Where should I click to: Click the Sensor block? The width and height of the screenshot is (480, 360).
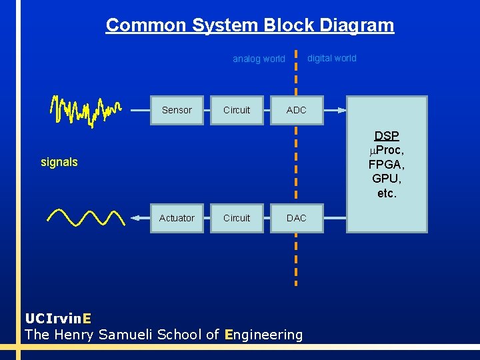(177, 110)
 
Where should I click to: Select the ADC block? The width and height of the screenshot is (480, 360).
(296, 110)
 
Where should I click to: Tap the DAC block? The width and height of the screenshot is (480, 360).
(296, 218)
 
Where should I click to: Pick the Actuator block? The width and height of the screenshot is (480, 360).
(177, 218)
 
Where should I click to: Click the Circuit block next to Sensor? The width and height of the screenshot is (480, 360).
(237, 110)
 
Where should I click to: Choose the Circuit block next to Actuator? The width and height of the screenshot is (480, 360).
(237, 218)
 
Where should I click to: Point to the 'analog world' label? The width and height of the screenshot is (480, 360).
(259, 59)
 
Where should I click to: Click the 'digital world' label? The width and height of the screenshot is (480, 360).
(331, 58)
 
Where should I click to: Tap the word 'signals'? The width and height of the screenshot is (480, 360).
(59, 162)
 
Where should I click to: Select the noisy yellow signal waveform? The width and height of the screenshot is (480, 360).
(85, 110)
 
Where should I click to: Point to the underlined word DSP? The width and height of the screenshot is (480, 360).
(387, 136)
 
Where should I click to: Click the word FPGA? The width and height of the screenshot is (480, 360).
(387, 165)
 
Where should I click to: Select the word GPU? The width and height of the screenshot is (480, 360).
(387, 179)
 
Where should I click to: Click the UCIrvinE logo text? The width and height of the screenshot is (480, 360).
(58, 318)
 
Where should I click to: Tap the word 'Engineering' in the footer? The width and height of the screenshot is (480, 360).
(264, 335)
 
